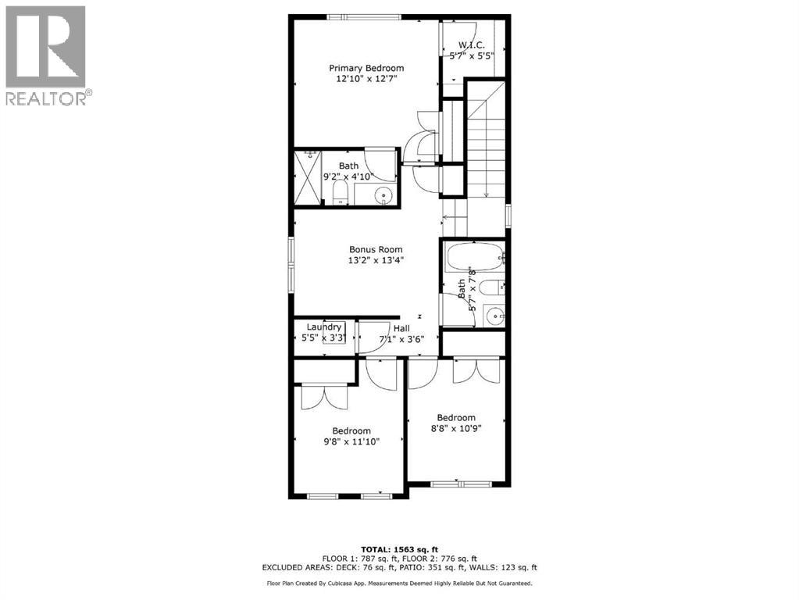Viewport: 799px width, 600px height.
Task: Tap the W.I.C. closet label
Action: (472, 44)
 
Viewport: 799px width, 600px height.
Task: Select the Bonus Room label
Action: (376, 249)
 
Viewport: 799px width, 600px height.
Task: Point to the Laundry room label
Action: (323, 327)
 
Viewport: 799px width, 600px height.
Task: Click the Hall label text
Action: (401, 329)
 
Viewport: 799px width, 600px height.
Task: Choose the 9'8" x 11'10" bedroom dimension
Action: (351, 441)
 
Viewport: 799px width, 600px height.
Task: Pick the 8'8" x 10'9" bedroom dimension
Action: (455, 428)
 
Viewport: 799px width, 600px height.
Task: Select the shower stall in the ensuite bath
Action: (308, 178)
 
